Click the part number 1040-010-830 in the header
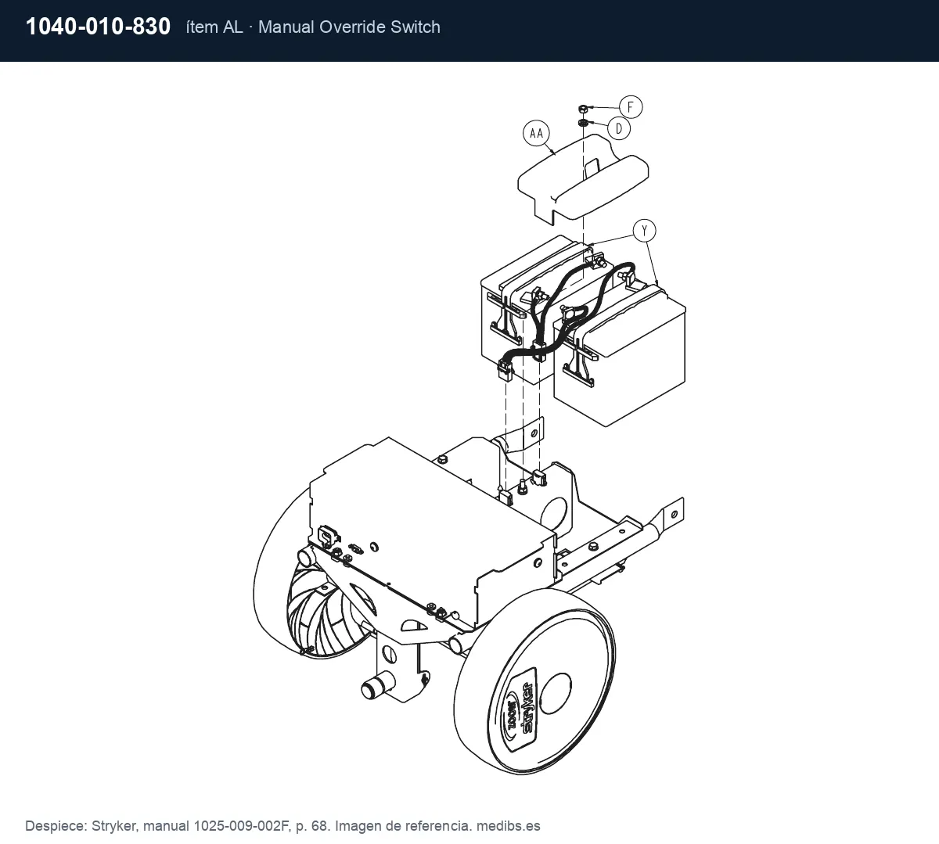98,27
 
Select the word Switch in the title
416,27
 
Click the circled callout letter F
631,107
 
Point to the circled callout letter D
619,128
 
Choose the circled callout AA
536,134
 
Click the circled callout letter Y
645,231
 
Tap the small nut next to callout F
583,109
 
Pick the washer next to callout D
583,123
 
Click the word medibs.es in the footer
509,826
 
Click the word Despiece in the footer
56,826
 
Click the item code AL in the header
232,27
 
